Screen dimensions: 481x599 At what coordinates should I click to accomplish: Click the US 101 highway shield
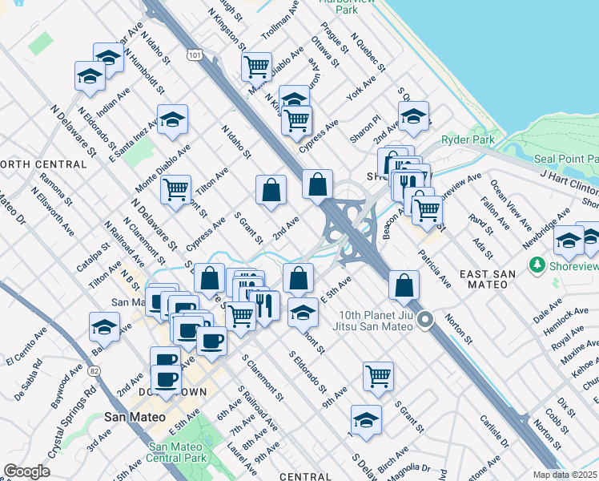pos(195,55)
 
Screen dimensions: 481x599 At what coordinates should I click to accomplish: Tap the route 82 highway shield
pos(95,370)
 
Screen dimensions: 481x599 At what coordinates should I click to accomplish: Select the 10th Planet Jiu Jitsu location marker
pos(426,320)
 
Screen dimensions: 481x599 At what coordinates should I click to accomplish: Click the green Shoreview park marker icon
pos(536,264)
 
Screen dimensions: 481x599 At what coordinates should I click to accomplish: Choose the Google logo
pos(26,471)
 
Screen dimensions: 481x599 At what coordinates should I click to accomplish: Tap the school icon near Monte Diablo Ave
pos(172,119)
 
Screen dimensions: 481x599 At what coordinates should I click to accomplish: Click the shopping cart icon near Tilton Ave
pos(175,190)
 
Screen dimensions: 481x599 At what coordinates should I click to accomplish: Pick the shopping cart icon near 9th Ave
pos(378,374)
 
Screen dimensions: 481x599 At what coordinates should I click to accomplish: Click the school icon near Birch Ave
pos(366,419)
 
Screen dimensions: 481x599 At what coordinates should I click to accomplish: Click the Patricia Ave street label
pos(434,269)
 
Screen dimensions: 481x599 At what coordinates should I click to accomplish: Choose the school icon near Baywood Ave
pos(104,326)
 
